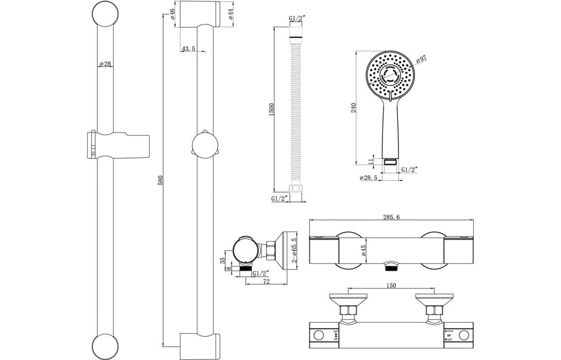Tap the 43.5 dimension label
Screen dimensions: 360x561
(x=188, y=49)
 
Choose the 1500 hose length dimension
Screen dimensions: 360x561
(x=273, y=109)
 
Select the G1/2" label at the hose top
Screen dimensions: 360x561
(x=298, y=19)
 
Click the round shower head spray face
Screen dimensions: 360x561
(x=392, y=75)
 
